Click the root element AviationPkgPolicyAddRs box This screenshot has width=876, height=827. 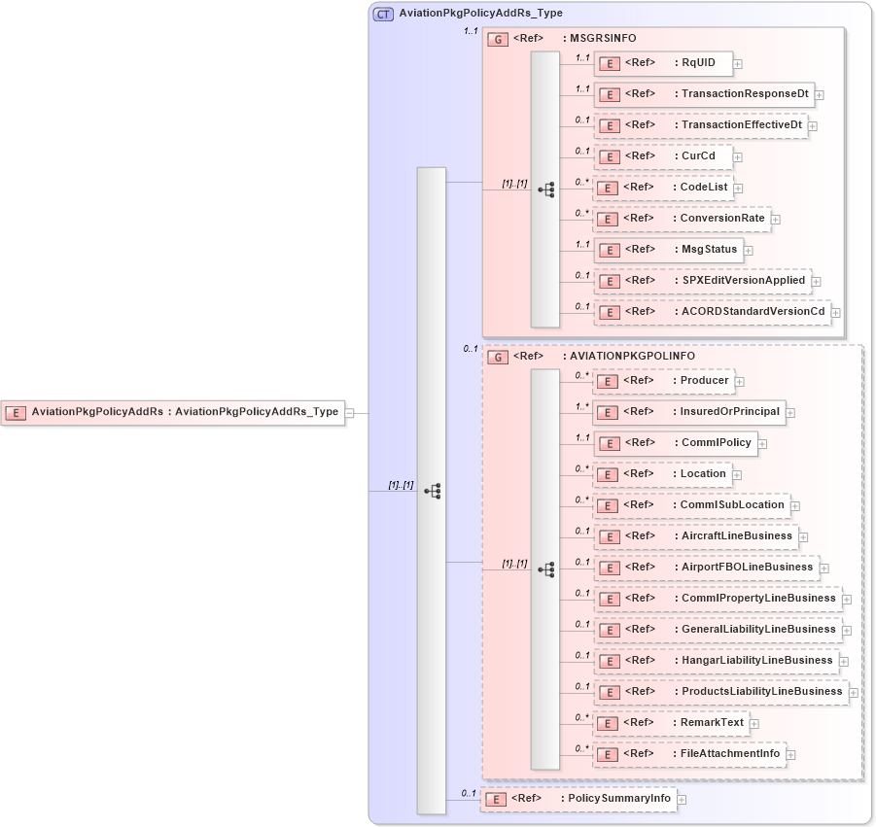[x=175, y=412]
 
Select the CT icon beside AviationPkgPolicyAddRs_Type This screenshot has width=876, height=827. [x=384, y=14]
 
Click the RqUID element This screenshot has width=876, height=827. [x=663, y=63]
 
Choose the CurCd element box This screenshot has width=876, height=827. [x=663, y=156]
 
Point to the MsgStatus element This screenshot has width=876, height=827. [x=668, y=250]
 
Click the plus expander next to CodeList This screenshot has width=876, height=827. [x=739, y=189]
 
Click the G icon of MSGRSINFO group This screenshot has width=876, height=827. [x=498, y=39]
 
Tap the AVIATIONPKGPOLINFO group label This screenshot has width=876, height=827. [x=628, y=357]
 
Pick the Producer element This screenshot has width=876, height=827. [x=664, y=381]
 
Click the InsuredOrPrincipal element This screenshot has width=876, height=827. [x=689, y=412]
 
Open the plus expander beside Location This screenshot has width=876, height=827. [x=737, y=475]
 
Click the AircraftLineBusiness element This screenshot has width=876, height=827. [x=695, y=536]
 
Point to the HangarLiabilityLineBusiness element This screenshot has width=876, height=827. [x=716, y=661]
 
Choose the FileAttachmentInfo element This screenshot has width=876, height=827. [x=689, y=754]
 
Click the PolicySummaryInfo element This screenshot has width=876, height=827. [x=578, y=799]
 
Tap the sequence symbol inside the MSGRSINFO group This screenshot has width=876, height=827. [x=545, y=190]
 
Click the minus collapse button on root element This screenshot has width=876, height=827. [x=349, y=412]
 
